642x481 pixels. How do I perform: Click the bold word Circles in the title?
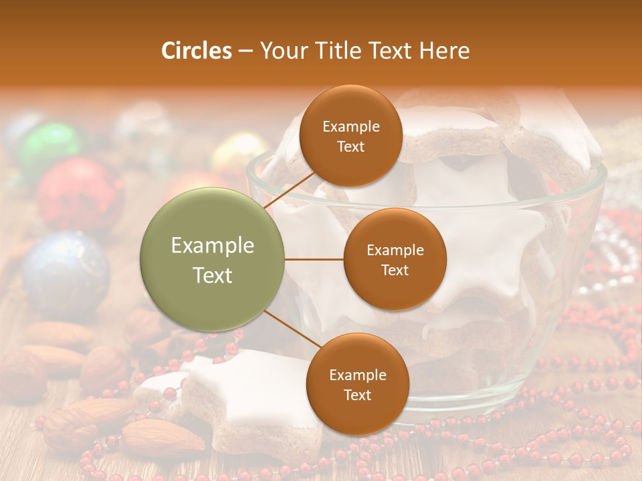click(196, 51)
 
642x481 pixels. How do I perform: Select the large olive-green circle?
click(213, 259)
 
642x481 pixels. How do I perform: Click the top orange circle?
click(350, 136)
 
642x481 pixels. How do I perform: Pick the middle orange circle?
click(395, 259)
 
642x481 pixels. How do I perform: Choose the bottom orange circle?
click(357, 384)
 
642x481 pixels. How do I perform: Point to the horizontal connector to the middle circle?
click(314, 259)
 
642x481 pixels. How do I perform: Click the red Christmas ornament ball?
click(79, 193)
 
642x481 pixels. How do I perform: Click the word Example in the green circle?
click(213, 246)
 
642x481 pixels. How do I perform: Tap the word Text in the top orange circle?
click(350, 146)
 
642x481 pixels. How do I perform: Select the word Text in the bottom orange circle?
click(357, 395)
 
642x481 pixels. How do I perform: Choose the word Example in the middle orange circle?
click(395, 250)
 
